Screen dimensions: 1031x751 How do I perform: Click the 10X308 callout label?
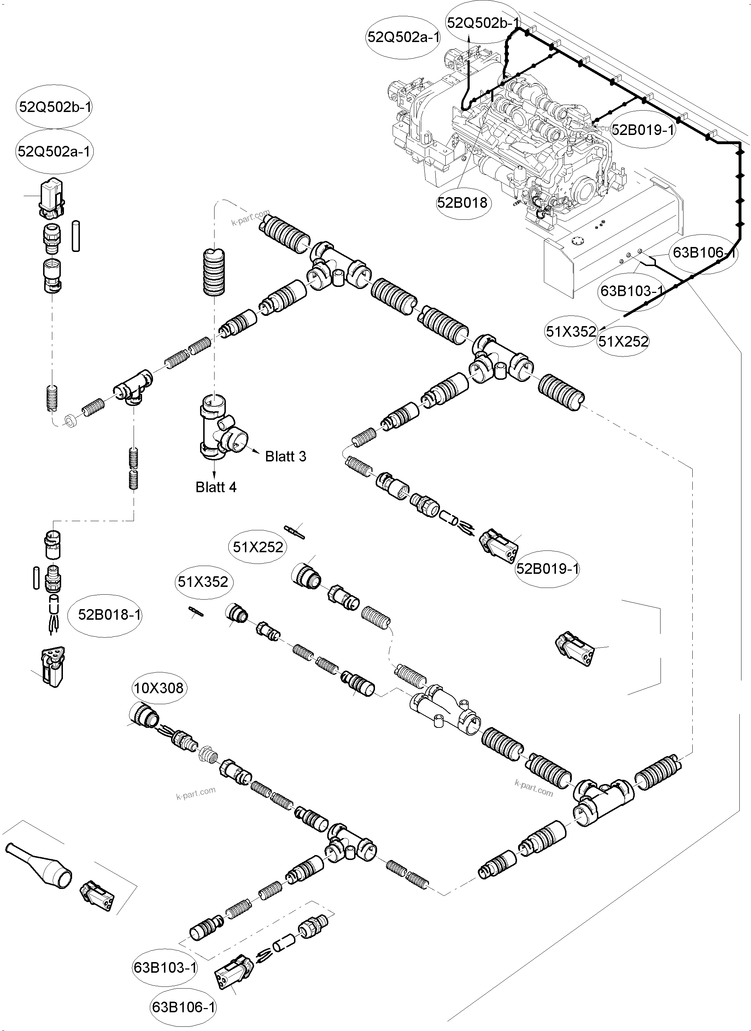click(159, 688)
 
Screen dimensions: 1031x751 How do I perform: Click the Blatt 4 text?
click(216, 487)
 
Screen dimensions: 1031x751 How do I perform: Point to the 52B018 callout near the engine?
click(462, 202)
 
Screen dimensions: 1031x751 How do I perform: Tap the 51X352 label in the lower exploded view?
click(203, 582)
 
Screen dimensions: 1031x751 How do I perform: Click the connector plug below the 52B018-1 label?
click(52, 666)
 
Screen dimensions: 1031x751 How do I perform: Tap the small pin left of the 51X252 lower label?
click(295, 531)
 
